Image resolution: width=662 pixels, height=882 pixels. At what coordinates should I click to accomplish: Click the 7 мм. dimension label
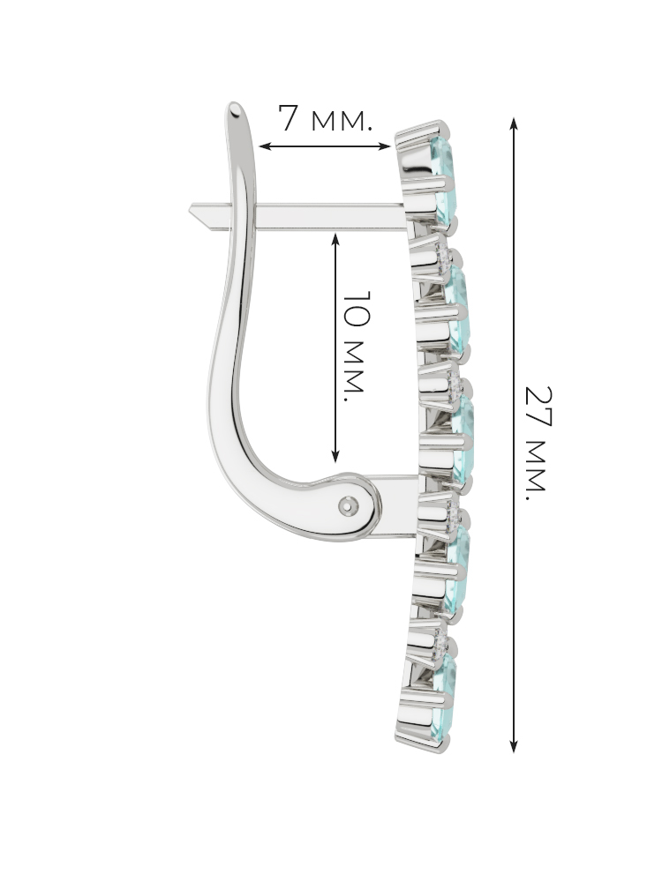pos(326,119)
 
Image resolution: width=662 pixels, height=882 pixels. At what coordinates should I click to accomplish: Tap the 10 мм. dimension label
pos(356,346)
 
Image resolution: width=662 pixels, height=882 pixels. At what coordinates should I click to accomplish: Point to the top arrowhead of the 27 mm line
pos(514,123)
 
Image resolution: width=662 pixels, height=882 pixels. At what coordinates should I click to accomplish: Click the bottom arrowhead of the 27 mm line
pos(514,746)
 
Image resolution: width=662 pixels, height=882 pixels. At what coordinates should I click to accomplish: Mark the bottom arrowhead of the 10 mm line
pos(335,456)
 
